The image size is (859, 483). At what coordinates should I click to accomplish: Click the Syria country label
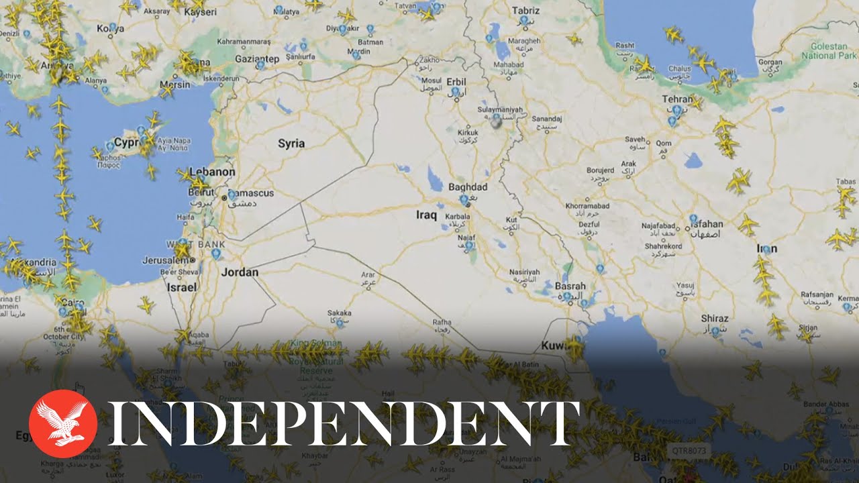tap(291, 144)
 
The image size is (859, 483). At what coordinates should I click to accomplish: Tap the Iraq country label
tap(427, 215)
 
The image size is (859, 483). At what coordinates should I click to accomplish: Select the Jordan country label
tap(240, 272)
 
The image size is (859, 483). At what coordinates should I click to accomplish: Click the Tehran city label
tap(678, 99)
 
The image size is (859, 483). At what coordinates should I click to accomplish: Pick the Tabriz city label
tap(525, 11)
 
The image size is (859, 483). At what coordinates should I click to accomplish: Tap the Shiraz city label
tap(714, 318)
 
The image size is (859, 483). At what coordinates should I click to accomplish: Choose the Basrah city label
tap(570, 286)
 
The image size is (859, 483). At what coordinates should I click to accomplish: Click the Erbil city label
tap(454, 81)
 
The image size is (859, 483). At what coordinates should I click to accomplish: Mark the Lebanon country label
tap(212, 171)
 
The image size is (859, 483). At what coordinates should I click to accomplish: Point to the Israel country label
tap(181, 287)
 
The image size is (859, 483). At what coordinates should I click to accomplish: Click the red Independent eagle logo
tap(63, 424)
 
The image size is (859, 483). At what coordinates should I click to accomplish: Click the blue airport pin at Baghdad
tap(464, 199)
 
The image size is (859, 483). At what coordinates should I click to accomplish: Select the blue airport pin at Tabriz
tap(524, 21)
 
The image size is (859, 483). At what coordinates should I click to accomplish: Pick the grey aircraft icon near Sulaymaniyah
tap(496, 123)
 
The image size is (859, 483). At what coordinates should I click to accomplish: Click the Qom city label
tap(663, 144)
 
